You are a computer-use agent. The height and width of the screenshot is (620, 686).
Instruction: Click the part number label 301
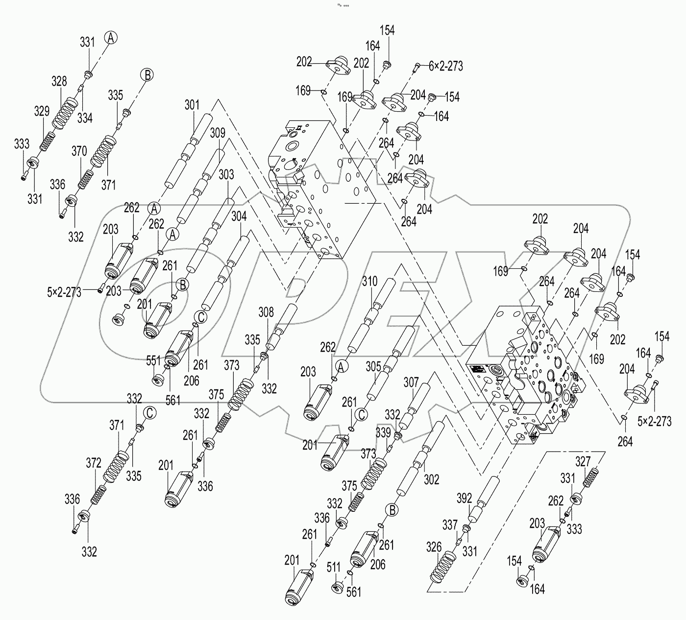[192, 105]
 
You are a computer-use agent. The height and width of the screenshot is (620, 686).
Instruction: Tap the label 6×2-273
[445, 66]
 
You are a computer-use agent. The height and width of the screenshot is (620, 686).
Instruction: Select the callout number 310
[370, 281]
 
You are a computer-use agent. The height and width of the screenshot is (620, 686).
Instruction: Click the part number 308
[267, 312]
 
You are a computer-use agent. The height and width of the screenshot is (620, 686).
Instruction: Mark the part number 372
[94, 462]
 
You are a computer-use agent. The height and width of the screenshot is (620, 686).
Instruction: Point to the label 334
[84, 118]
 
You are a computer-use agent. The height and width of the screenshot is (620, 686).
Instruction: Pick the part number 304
[239, 215]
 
